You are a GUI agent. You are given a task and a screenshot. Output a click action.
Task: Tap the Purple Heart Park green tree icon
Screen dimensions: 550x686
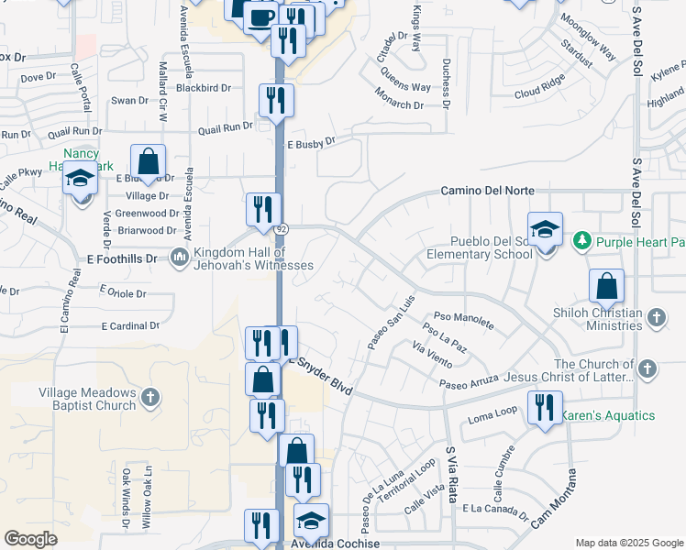point(581,241)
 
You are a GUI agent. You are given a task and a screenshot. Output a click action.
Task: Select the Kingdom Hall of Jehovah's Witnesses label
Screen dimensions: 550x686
point(248,258)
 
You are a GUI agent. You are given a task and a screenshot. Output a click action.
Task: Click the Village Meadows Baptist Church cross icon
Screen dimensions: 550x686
point(151,398)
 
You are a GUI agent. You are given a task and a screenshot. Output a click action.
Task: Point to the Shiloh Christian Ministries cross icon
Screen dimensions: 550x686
point(655,317)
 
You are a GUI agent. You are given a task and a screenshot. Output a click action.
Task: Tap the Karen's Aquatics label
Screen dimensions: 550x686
point(608,415)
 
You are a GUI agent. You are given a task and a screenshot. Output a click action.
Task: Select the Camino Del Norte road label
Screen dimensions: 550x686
point(487,191)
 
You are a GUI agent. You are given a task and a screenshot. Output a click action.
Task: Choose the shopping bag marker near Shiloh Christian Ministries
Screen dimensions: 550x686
point(606,286)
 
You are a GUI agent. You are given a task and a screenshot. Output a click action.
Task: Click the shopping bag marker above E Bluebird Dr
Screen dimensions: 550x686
point(148,161)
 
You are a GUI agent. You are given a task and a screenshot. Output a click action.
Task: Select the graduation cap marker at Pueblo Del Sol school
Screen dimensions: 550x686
point(545,228)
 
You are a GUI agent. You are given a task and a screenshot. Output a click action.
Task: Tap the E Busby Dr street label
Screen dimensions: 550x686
point(312,143)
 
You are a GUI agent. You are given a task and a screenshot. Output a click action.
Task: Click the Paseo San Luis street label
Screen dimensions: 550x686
point(392,321)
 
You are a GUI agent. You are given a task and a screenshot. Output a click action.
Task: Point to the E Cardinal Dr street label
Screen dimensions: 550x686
point(130,325)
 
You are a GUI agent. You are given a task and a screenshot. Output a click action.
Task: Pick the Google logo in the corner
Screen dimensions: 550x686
point(30,539)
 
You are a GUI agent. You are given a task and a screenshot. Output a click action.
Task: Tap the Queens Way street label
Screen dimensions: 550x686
point(407,87)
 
